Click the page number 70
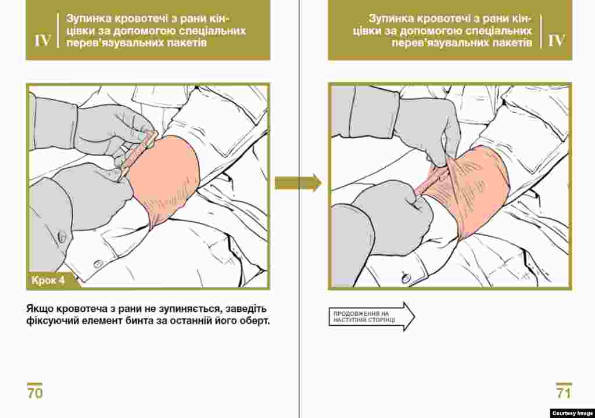click(34, 393)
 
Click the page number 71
click(564, 393)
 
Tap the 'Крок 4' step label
click(48, 280)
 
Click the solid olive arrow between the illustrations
click(298, 183)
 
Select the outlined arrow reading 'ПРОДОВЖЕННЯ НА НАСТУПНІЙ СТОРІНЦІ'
click(371, 317)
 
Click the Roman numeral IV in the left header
click(42, 41)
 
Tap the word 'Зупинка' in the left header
click(88, 19)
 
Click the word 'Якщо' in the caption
click(40, 309)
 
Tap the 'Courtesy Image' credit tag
click(572, 413)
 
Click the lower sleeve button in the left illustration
click(98, 264)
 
